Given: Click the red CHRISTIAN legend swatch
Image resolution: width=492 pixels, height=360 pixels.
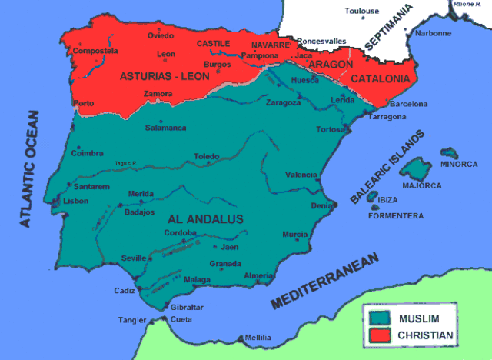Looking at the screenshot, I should [x=379, y=335].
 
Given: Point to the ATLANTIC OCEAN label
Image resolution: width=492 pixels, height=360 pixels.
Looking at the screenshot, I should [x=28, y=168].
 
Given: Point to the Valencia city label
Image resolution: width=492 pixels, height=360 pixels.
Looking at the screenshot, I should [x=301, y=175].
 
